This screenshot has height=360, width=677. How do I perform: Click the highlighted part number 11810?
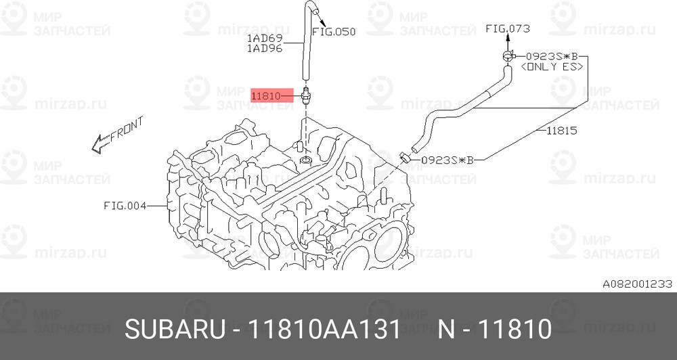coord(265,96)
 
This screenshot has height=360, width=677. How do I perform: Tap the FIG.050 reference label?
coord(333,32)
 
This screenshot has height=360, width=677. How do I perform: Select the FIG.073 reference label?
coord(508,28)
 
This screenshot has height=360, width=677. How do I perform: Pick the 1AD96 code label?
coord(265,49)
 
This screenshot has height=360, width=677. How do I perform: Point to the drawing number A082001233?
coord(636,285)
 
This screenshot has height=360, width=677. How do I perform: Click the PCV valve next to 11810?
coord(306,95)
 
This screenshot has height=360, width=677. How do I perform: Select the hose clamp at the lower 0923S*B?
coord(404,157)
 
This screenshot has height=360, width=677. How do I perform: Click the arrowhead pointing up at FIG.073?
coord(508,39)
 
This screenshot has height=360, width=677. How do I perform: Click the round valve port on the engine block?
coord(307,160)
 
